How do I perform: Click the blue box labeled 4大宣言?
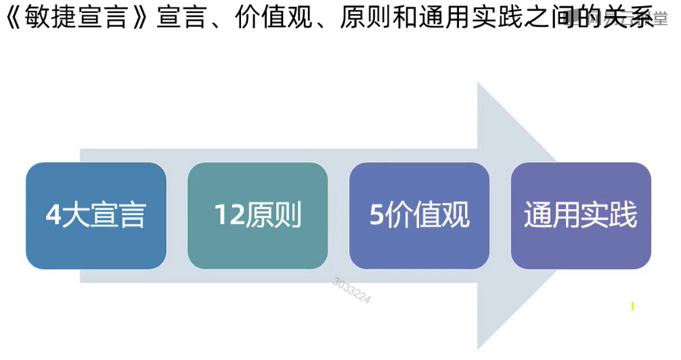96,216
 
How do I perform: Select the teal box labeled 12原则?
257,216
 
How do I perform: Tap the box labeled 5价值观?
419,216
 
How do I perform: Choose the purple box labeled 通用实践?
581,216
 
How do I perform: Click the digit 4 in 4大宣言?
53,216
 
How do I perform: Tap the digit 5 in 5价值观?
377,216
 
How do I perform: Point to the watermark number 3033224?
351,290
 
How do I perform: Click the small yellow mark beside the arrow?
632,307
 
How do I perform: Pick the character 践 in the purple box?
623,216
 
